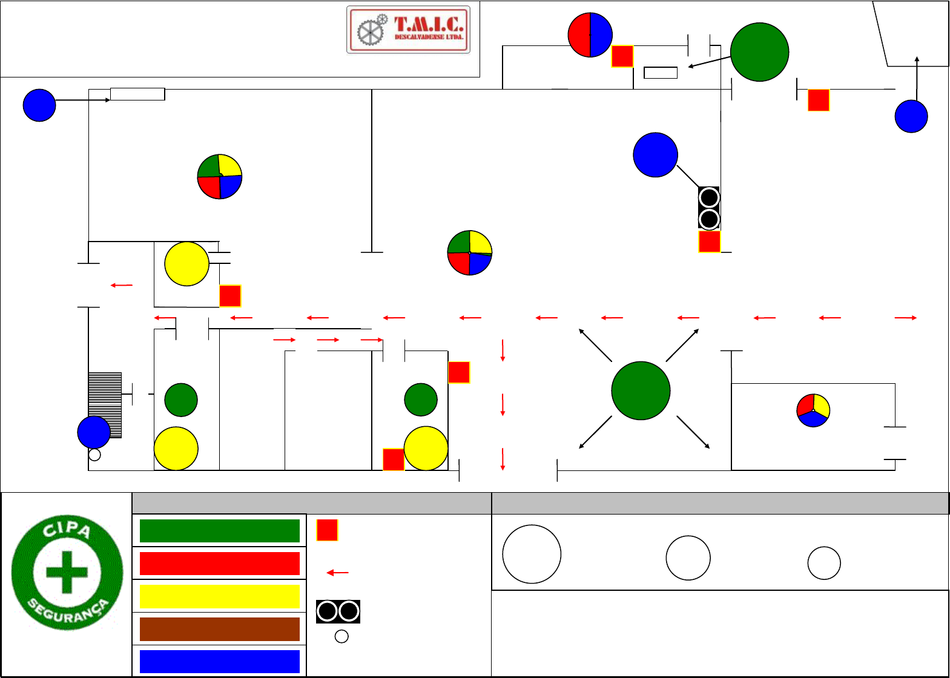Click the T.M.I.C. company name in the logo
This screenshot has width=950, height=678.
click(429, 24)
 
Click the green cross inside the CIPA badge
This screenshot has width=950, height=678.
click(67, 572)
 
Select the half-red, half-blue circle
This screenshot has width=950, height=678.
click(590, 35)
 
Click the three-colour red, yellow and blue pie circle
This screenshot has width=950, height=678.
click(813, 410)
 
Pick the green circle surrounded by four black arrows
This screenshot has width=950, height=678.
click(641, 390)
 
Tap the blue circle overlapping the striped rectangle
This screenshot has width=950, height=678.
click(94, 432)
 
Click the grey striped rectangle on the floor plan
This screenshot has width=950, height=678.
click(105, 405)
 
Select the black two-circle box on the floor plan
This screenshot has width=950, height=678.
click(708, 208)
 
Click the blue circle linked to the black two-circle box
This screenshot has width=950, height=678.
click(655, 154)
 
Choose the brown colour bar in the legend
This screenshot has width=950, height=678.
click(220, 629)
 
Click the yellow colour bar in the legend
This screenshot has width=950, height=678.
click(220, 596)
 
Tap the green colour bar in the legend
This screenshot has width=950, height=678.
click(220, 530)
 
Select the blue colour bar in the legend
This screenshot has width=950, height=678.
click(220, 662)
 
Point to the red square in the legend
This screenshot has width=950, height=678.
click(327, 530)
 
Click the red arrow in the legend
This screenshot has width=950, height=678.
click(338, 573)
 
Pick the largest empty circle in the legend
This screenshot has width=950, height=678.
click(532, 554)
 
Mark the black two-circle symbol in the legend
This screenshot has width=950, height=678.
click(338, 611)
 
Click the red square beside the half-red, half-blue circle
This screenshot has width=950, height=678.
click(622, 56)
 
